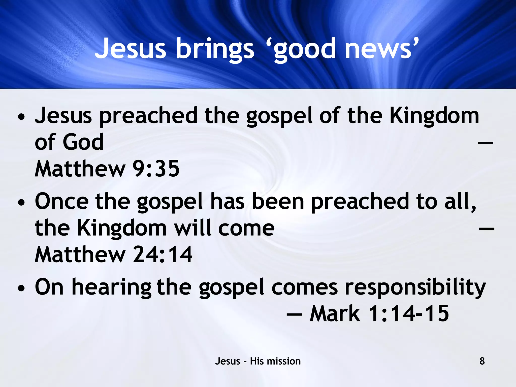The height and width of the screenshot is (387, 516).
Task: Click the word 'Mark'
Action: tap(335, 314)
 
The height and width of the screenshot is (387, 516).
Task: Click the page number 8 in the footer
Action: tap(482, 361)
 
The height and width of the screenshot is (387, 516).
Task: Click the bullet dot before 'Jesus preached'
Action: tap(22, 117)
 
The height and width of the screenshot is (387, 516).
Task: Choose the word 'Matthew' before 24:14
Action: tap(80, 254)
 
